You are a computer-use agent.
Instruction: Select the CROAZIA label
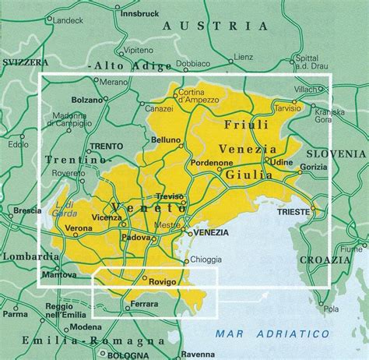[x=329, y=259]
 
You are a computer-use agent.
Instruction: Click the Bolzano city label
[x=86, y=101]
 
